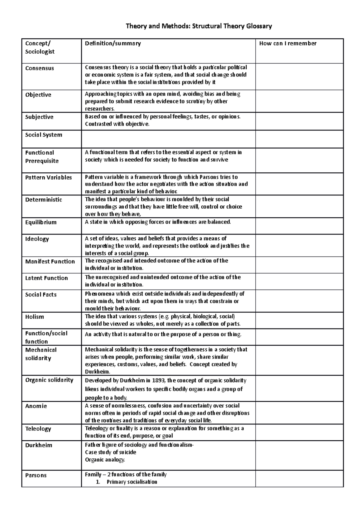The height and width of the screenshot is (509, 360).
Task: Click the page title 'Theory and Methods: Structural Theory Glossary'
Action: pos(199,26)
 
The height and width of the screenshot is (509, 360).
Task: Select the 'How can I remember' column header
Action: pos(288,43)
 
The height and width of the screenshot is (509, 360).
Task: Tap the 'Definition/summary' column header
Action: pos(113,43)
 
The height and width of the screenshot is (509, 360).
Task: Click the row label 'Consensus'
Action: pos(40,68)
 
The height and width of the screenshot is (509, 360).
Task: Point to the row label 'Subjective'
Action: pos(39,117)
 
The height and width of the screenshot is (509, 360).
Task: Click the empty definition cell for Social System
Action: pos(168,139)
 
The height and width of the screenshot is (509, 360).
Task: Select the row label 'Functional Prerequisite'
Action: pos(42,157)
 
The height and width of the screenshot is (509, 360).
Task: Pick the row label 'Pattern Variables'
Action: pos(49,177)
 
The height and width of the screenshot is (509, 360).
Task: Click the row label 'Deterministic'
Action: pos(43,200)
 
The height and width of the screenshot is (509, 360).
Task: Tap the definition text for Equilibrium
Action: pos(158,222)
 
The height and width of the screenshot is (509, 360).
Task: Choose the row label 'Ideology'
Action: pos(37,239)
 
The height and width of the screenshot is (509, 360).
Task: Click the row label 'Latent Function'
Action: pos(46,278)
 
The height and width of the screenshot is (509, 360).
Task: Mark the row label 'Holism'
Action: pos(34,317)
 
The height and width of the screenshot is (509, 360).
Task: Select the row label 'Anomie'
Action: pos(36,406)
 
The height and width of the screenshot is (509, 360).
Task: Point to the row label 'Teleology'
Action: pos(38,429)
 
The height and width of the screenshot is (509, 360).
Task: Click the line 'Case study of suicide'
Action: pos(110,452)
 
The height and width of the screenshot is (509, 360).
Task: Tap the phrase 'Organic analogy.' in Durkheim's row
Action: pos(105,460)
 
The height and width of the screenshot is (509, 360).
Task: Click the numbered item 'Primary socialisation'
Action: pos(132,482)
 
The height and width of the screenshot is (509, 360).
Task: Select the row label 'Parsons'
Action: pos(36,475)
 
